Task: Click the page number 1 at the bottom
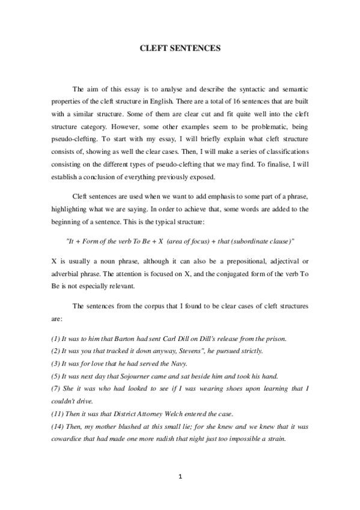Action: [x=180, y=477]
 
